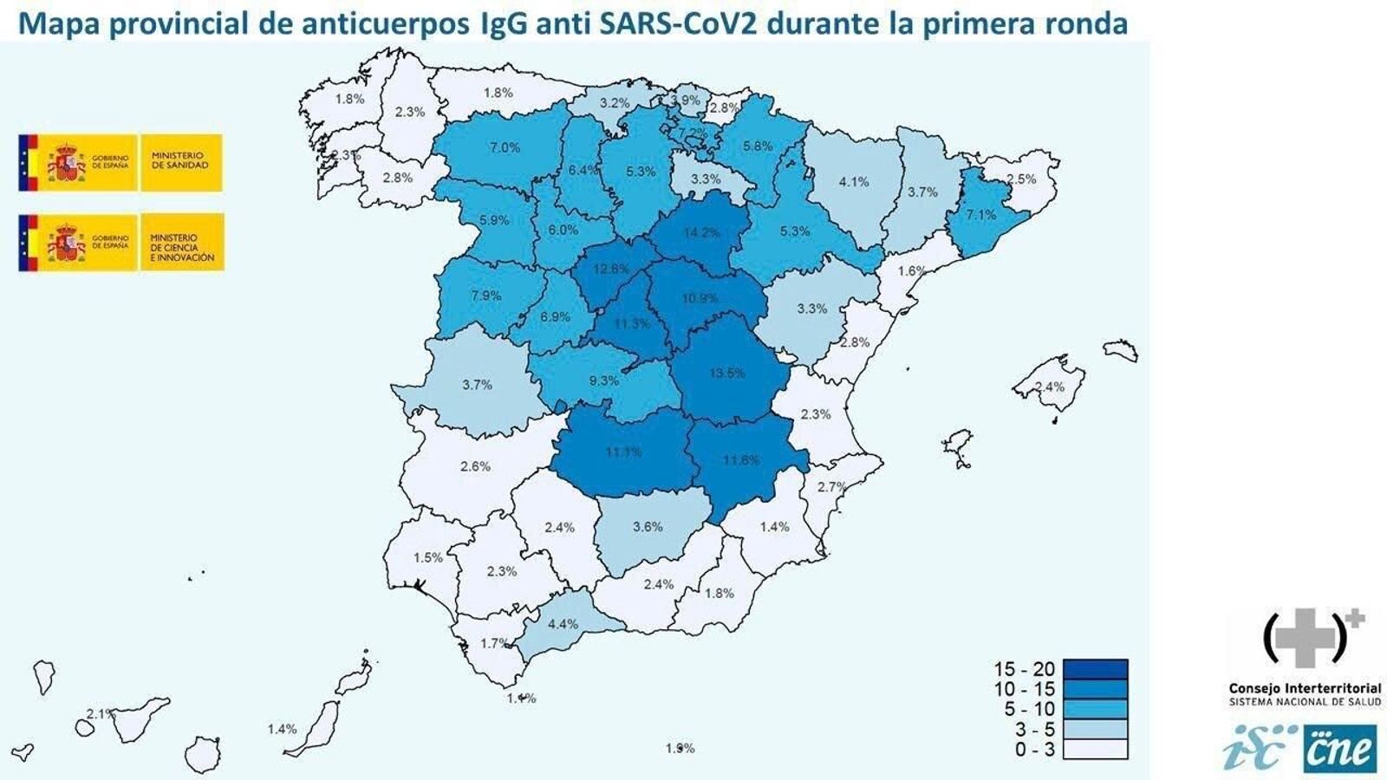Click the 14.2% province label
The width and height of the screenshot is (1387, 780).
701,232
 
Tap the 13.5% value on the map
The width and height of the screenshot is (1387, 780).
726,373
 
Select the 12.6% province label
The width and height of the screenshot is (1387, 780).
610,269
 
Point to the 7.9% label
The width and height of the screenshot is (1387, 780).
485,296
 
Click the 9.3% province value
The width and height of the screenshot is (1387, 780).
603,380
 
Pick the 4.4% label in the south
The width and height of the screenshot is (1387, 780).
563,624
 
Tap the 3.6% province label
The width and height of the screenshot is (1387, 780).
648,526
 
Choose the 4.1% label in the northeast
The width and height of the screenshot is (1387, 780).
853,182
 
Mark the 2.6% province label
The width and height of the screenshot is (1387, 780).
475,466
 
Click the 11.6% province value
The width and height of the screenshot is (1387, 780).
740,460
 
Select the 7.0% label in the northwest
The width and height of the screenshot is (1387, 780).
505,147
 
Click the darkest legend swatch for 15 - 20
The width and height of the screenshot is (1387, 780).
1095,669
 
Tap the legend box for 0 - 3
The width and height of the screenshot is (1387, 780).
1095,749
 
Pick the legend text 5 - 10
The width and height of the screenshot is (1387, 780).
1025,709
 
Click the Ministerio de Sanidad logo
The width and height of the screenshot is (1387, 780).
120,162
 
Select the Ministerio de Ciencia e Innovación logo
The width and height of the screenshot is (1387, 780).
120,242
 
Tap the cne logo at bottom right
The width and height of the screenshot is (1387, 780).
1338,749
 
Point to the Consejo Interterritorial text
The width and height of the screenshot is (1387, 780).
1305,689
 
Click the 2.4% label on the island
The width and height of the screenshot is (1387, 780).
1049,387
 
